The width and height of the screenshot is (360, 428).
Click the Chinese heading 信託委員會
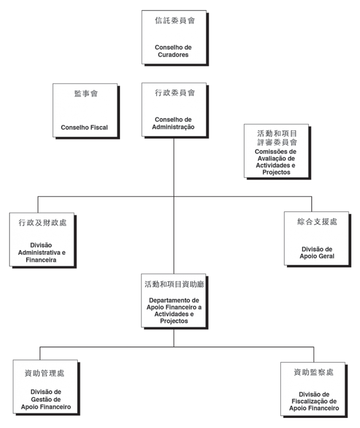tap(175, 20)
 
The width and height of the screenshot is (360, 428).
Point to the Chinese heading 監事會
tap(86, 93)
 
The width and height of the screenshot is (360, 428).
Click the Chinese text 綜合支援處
tap(317, 222)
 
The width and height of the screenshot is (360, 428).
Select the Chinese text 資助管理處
tap(44, 373)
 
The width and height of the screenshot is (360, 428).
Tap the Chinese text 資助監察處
tap(314, 372)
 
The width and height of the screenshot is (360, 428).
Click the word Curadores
tap(173, 55)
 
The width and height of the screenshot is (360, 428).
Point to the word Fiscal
tap(99, 127)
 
